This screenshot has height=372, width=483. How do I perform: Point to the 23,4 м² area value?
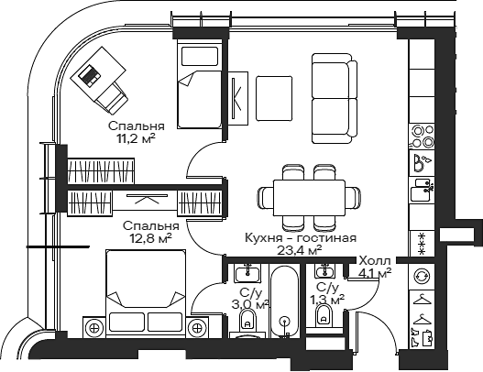pos(300,249)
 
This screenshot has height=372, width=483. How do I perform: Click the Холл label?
pos(374,260)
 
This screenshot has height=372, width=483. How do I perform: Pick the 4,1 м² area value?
pos(376,272)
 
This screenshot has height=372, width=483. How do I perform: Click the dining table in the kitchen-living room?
pos(302,196)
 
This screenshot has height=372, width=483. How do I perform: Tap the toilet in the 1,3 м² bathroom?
pos(322,317)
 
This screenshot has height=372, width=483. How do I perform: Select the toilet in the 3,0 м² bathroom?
pos(247,323)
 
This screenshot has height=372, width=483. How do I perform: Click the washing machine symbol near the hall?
pos(423,276)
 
